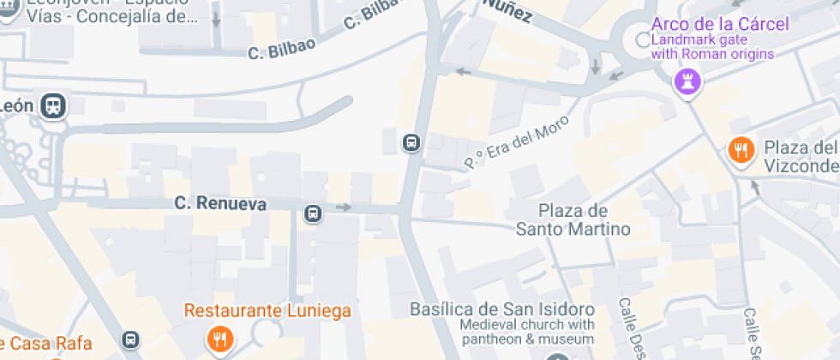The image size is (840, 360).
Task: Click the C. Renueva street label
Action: coord(220,204)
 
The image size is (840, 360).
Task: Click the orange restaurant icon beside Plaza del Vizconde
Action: coord(741,151)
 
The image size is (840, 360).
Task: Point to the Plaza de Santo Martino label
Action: coord(573,219)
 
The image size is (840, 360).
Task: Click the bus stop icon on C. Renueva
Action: coord(313,213)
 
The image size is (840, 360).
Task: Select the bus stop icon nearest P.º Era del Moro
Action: coord(411,141)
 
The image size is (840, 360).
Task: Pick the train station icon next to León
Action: coord(54,105)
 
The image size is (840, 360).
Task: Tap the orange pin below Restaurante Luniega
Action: coord(220,339)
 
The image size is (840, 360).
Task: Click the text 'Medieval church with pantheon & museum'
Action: coord(526,333)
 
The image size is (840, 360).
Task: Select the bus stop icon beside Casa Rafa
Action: coord(130,340)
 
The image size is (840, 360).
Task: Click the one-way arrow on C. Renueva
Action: coord(344,207)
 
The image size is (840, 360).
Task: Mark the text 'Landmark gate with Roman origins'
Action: coord(712,47)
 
